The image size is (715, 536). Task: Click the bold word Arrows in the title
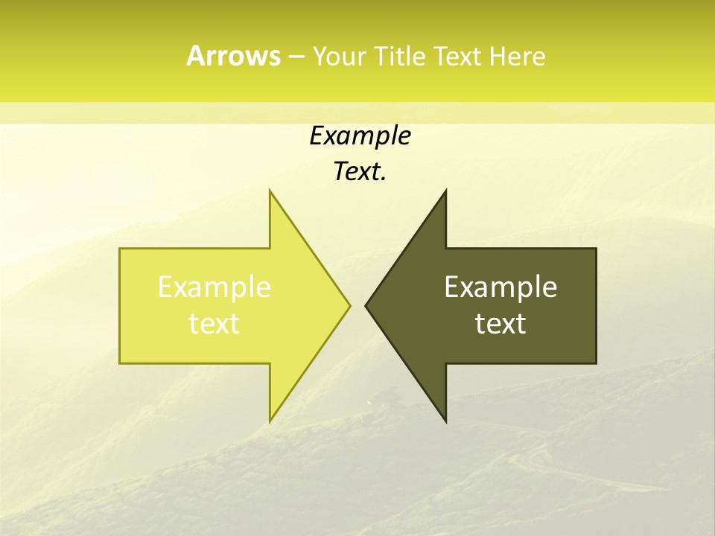coord(233,56)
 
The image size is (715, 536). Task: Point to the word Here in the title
coord(517,57)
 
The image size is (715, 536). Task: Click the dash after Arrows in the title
coord(296,57)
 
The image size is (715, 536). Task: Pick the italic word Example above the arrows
coord(360,135)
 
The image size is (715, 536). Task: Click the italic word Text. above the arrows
coord(360,171)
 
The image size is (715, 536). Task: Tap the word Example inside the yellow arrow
coord(214,287)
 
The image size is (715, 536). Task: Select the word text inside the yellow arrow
coord(214,323)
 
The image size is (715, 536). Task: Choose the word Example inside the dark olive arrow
coord(500,287)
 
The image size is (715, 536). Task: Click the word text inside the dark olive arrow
coord(500,323)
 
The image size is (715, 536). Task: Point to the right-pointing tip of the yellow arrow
coord(350,305)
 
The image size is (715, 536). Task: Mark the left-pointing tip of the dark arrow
coord(365,305)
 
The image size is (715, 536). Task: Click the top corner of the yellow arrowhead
coord(270,191)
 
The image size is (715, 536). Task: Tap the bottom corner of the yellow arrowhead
coord(270,421)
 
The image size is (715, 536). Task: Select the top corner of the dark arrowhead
coord(445,191)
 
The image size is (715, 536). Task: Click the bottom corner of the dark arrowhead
coord(445,421)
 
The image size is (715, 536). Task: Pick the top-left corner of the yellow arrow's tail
coord(120,249)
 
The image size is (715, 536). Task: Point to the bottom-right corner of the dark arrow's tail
coord(596,363)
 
